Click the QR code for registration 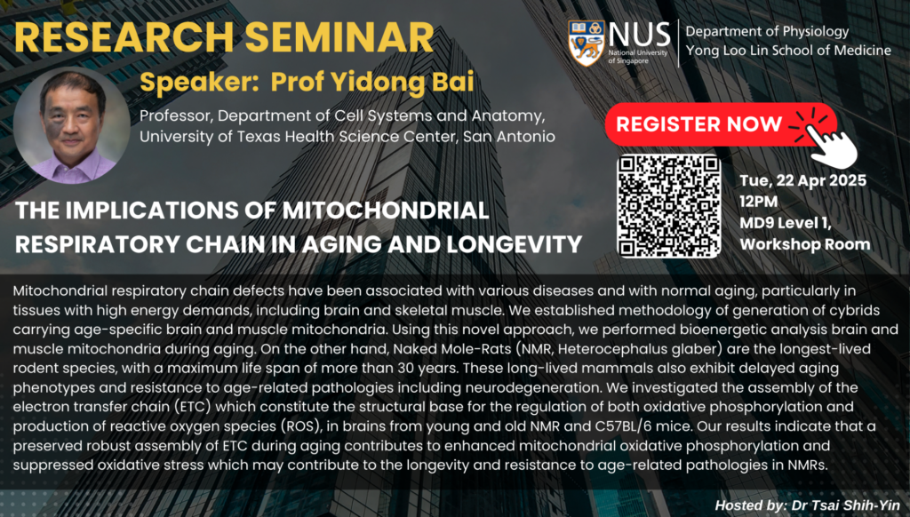click(x=668, y=206)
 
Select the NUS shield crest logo click(x=587, y=43)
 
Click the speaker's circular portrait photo click(x=72, y=125)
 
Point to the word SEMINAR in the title click(x=339, y=37)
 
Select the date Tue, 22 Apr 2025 click(x=802, y=180)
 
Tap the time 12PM click(x=759, y=202)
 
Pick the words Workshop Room click(x=805, y=244)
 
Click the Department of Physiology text click(x=767, y=31)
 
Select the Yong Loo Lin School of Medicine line click(x=789, y=51)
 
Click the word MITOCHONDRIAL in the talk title click(x=386, y=210)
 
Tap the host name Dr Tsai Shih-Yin click(x=846, y=505)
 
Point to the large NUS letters click(x=639, y=35)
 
